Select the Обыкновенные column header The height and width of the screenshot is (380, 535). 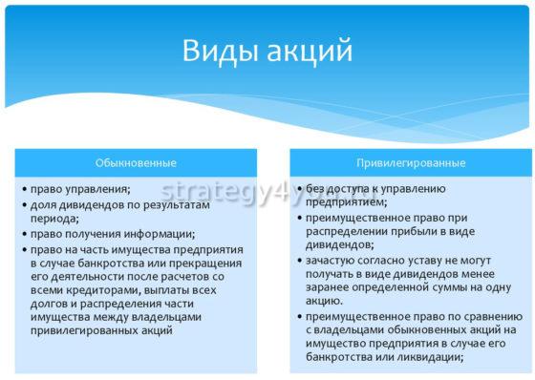[137, 161]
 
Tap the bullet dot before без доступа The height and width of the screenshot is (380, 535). [299, 189]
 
